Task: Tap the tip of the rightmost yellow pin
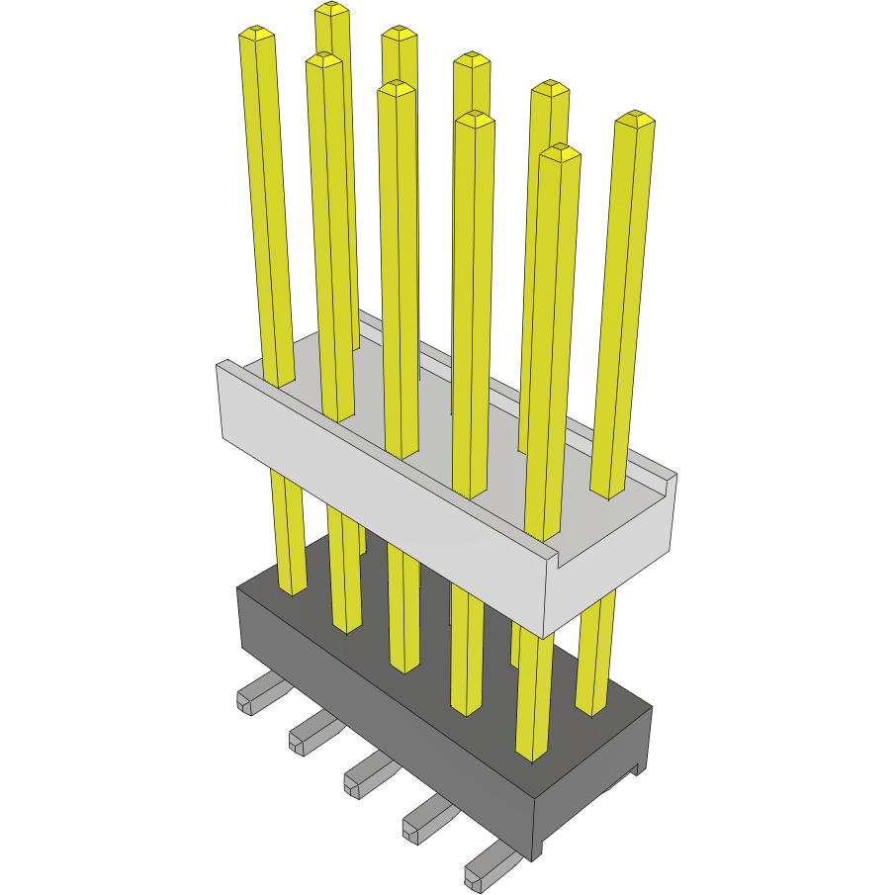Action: (x=635, y=120)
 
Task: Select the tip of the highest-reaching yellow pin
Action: (x=332, y=10)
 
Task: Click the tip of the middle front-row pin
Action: (x=397, y=89)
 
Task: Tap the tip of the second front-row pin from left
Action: (x=323, y=60)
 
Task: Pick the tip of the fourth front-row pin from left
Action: (x=475, y=119)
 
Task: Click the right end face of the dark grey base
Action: (x=593, y=781)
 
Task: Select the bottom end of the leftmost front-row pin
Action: (x=293, y=589)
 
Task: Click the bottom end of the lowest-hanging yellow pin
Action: (x=532, y=756)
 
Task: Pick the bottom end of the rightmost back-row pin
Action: (x=590, y=708)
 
